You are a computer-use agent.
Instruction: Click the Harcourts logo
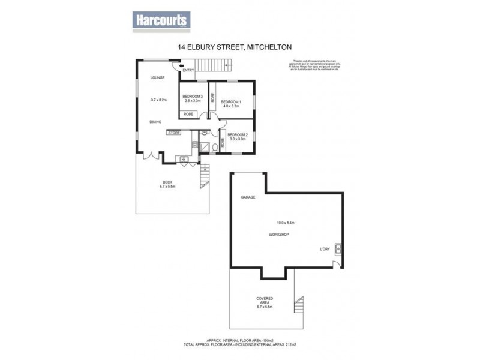pyautogui.click(x=160, y=20)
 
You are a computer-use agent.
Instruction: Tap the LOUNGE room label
pyautogui.click(x=158, y=77)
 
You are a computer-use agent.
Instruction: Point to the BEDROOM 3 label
pyautogui.click(x=193, y=97)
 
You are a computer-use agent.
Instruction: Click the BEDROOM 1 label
pyautogui.click(x=231, y=102)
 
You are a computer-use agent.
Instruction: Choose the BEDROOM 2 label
pyautogui.click(x=237, y=134)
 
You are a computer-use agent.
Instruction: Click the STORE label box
pyautogui.click(x=174, y=133)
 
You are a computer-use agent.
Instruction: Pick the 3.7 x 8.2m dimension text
pyautogui.click(x=158, y=100)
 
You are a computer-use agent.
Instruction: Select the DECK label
pyautogui.click(x=168, y=182)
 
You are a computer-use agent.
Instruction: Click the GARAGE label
pyautogui.click(x=248, y=197)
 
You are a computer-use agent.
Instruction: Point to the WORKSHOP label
pyautogui.click(x=279, y=234)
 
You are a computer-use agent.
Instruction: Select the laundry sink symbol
pyautogui.click(x=338, y=248)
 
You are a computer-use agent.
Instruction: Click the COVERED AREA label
pyautogui.click(x=265, y=301)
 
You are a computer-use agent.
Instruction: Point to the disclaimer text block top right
pyautogui.click(x=311, y=65)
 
